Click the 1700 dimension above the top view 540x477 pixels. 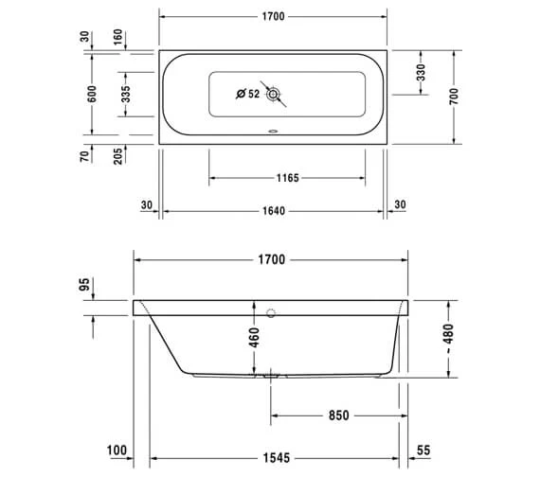274,16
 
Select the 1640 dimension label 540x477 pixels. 274,211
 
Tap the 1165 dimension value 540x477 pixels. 285,177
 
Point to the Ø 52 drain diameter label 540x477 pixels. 247,94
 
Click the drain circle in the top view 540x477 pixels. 274,94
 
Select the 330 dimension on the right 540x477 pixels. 421,72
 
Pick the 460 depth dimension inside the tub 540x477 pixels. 254,338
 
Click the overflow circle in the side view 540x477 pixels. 271,311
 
